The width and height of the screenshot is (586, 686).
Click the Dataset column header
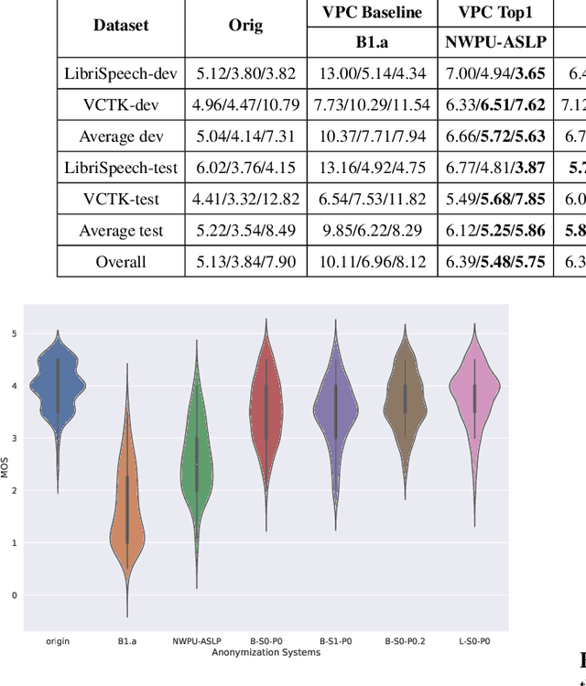(x=121, y=27)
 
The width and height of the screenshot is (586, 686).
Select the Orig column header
(x=245, y=27)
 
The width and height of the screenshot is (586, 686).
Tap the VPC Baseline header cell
(x=372, y=13)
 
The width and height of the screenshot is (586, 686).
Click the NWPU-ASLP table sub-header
(x=495, y=42)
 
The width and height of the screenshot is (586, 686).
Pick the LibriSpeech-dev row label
(x=121, y=73)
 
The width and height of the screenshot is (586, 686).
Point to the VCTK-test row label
(x=121, y=199)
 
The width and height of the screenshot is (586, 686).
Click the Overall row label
(x=121, y=262)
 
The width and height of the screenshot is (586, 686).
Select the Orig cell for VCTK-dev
(x=245, y=105)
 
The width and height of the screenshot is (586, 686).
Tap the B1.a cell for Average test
(x=372, y=231)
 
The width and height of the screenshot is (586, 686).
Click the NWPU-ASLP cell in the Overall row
(x=495, y=262)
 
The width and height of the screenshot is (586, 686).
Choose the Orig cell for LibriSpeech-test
(x=245, y=168)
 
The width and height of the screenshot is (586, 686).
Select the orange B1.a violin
(x=127, y=513)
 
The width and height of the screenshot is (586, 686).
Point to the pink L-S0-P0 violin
(x=474, y=394)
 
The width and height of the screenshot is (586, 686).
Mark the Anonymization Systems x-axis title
(x=266, y=652)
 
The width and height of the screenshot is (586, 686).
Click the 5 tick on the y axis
(x=14, y=333)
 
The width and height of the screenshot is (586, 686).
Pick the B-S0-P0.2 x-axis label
(x=405, y=641)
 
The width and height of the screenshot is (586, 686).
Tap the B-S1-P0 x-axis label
(x=335, y=641)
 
